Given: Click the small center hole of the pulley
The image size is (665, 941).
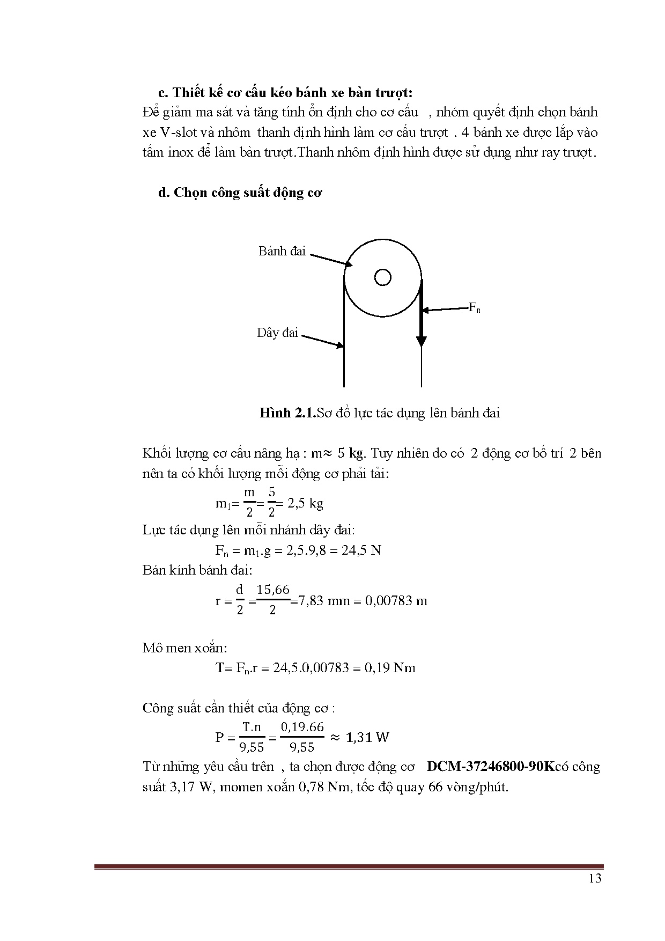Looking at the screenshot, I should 382,277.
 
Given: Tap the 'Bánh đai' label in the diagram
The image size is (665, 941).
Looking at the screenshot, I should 282,251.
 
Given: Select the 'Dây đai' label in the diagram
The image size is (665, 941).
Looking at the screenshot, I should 277,333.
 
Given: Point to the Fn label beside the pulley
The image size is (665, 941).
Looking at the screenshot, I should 474,308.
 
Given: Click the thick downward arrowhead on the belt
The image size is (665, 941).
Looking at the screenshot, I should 422,341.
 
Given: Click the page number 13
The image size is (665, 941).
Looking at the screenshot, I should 595,878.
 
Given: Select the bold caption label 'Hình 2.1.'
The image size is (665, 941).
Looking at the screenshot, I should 287,413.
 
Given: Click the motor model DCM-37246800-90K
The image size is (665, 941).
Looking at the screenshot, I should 490,767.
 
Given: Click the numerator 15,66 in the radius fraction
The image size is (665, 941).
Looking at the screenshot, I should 273,590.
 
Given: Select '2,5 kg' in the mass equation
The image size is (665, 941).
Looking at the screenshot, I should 305,503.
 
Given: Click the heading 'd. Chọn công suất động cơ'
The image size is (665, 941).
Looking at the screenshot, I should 240,193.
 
